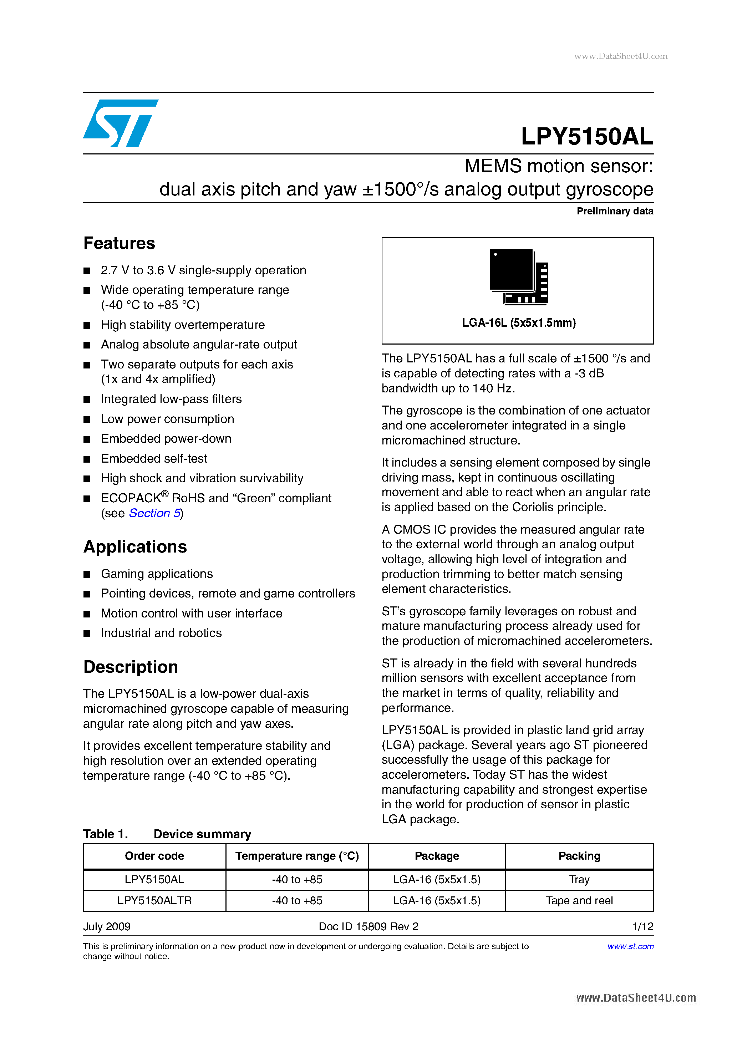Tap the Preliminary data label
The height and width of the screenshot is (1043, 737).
pyautogui.click(x=614, y=211)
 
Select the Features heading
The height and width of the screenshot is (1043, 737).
pyautogui.click(x=119, y=244)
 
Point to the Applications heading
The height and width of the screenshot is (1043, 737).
pyautogui.click(x=135, y=547)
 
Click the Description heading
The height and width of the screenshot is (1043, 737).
pyautogui.click(x=131, y=667)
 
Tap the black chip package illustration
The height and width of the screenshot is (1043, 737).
pyautogui.click(x=518, y=276)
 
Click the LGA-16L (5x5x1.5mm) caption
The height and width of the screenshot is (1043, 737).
pyautogui.click(x=518, y=323)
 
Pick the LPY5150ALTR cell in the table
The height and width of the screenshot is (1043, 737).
pyautogui.click(x=154, y=900)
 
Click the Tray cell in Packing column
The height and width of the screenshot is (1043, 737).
pyautogui.click(x=579, y=880)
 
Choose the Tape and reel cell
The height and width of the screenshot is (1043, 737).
pyautogui.click(x=579, y=900)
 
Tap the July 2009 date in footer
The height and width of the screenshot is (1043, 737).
pyautogui.click(x=107, y=926)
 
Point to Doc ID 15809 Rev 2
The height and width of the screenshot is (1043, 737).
pyautogui.click(x=368, y=926)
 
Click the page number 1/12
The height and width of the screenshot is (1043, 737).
pyautogui.click(x=642, y=926)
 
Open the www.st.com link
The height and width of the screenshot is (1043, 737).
pyautogui.click(x=630, y=946)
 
